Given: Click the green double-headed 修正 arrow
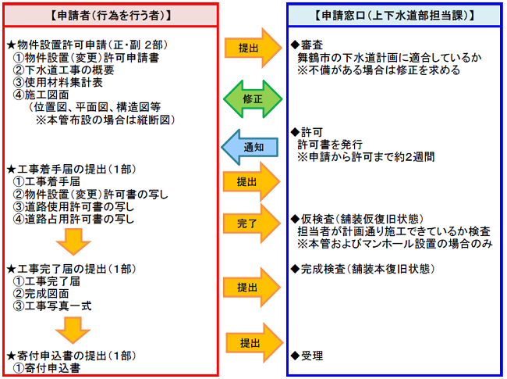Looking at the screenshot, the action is [x=253, y=98].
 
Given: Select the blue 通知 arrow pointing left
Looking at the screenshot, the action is [x=250, y=148].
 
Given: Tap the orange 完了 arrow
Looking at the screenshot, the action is [x=252, y=223].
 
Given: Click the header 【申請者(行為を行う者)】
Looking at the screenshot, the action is [x=111, y=15].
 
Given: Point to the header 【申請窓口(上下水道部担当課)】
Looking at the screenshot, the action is [x=395, y=15].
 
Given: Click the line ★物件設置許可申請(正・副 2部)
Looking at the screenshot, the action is [x=87, y=45].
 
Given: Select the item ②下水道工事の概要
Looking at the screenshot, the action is [x=63, y=70].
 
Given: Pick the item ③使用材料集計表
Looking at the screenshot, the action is [x=58, y=82].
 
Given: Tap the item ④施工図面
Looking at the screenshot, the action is [x=41, y=95].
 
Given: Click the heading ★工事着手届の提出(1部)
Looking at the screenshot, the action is [x=71, y=169].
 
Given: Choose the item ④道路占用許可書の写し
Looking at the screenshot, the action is [x=73, y=219].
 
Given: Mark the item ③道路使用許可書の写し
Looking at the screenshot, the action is [x=73, y=206].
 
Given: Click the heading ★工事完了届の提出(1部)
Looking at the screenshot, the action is [x=71, y=269].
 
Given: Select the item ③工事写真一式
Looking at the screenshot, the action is [x=52, y=306].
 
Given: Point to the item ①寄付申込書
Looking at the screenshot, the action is [x=47, y=368].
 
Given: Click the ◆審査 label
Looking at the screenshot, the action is [x=307, y=45].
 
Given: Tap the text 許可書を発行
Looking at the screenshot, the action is [x=330, y=145].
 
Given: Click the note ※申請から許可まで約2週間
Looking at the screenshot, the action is [x=366, y=157].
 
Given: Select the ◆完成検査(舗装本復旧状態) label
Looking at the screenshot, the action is [x=362, y=269].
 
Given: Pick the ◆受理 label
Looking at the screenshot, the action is [x=307, y=356].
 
